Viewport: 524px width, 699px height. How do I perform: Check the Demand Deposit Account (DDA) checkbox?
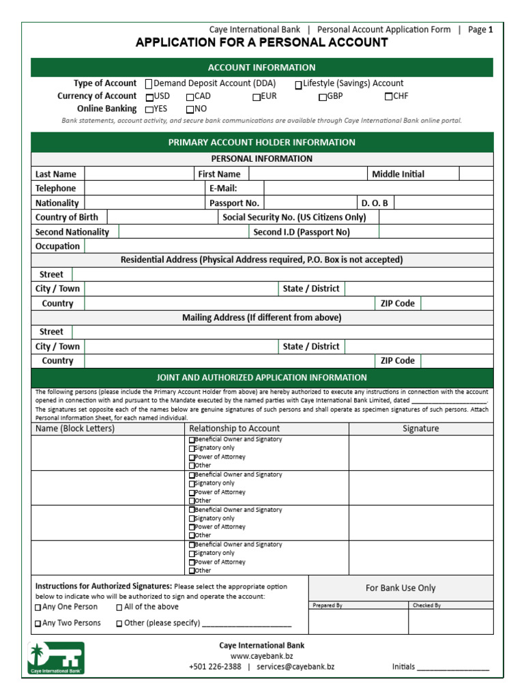[x=149, y=84]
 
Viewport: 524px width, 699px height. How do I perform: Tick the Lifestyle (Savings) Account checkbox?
[x=299, y=85]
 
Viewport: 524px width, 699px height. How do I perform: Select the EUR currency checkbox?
[x=257, y=97]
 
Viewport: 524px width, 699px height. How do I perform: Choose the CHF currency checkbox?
[x=389, y=97]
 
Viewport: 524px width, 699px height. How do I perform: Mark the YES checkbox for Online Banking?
[x=149, y=109]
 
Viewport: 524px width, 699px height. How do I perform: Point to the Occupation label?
[x=57, y=246]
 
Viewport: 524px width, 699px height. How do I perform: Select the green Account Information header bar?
[x=261, y=68]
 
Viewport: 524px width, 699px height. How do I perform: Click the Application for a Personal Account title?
[x=261, y=43]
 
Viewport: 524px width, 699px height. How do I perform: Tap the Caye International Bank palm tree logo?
[x=56, y=657]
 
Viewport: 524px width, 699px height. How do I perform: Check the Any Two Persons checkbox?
[x=38, y=623]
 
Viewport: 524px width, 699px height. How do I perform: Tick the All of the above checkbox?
[x=119, y=608]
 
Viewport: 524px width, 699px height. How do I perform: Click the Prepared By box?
[x=358, y=621]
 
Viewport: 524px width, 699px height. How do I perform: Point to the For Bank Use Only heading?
[x=401, y=588]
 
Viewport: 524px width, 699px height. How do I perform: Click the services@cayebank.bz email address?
[x=295, y=667]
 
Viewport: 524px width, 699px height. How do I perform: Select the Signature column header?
[x=420, y=429]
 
